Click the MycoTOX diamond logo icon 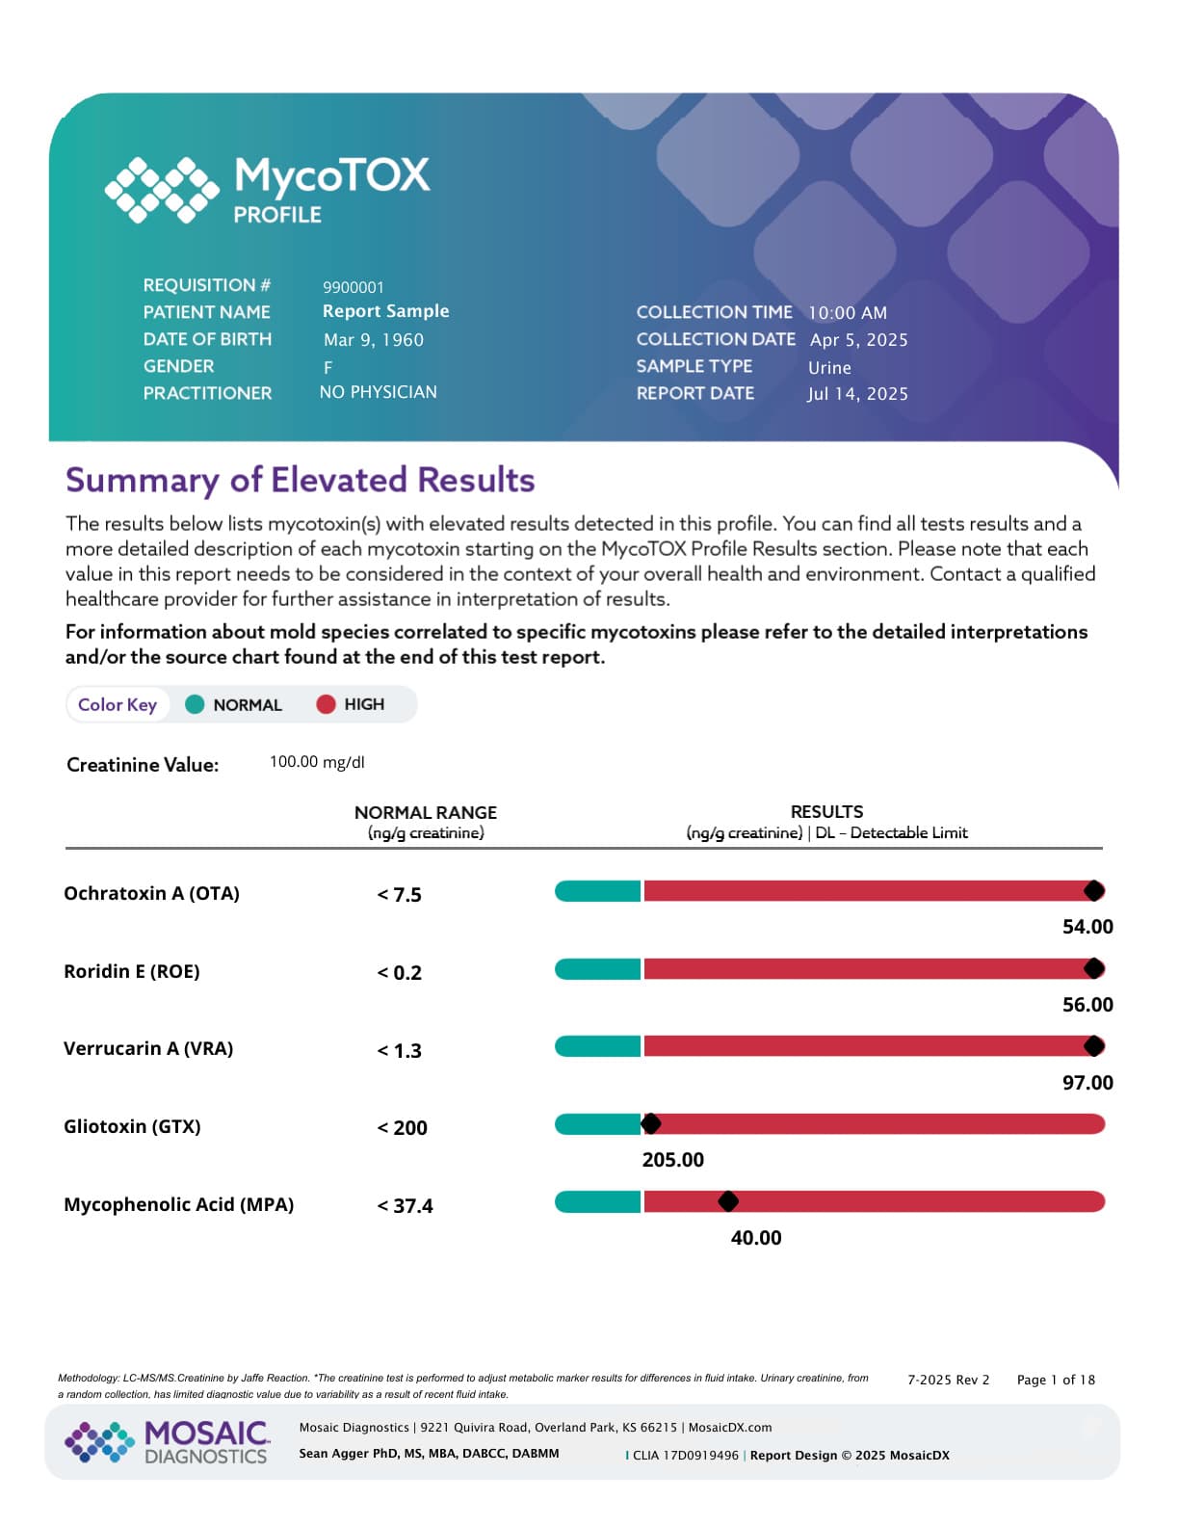161,190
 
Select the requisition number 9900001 353,287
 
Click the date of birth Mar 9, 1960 373,340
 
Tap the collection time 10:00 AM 847,313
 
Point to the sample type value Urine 828,368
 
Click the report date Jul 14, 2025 856,394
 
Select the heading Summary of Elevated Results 300,480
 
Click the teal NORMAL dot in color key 195,704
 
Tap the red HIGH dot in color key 326,704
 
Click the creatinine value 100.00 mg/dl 316,762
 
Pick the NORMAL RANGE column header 425,812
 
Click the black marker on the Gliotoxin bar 650,1123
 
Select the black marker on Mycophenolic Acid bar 728,1201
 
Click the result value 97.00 1087,1083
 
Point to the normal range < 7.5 399,895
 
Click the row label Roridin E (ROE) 131,971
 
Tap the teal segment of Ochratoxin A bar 597,891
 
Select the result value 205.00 672,1160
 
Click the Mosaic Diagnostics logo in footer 168,1441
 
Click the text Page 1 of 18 1055,1380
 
